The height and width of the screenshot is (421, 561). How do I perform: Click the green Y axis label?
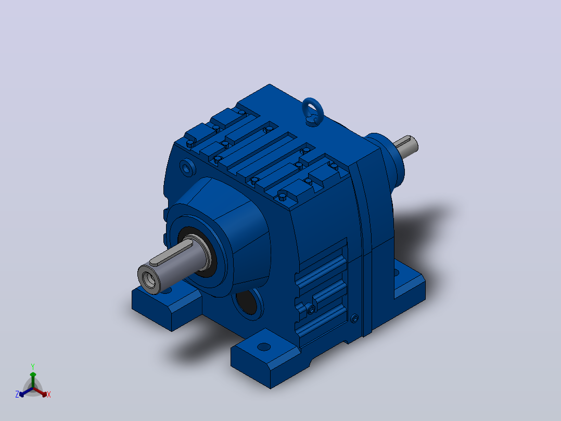click(33, 366)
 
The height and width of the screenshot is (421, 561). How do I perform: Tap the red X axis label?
click(49, 394)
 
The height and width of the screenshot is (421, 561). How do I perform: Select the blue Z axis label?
click(17, 394)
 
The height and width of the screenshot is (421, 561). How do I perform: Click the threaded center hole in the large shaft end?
click(148, 279)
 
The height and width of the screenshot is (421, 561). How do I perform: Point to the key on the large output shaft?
click(171, 252)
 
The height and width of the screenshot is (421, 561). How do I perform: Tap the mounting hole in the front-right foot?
click(264, 346)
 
